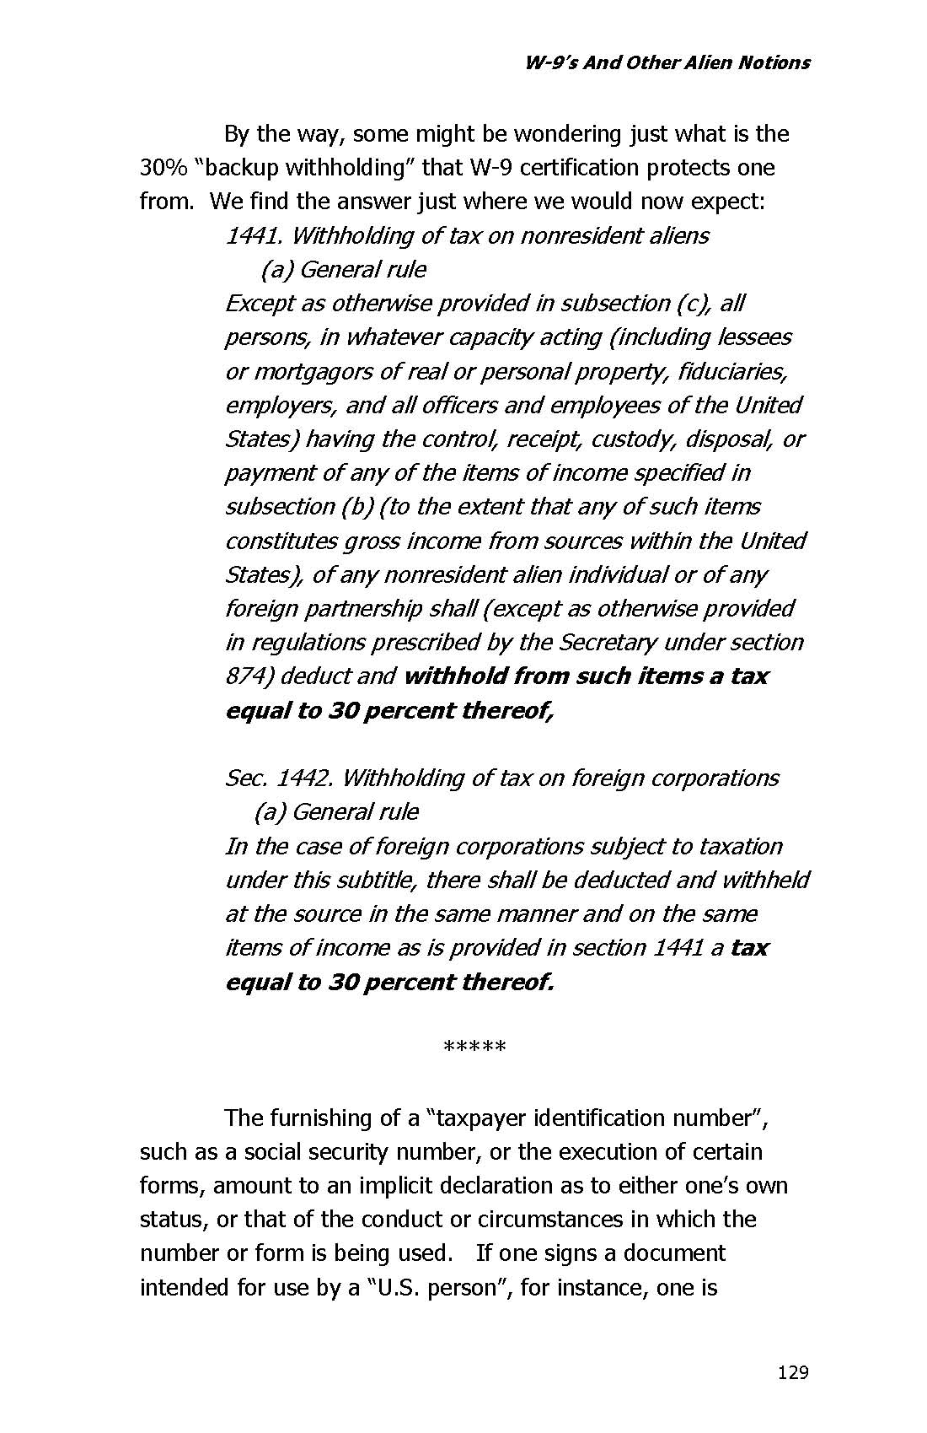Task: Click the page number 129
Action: [793, 1372]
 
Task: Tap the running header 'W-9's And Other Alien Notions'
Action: [667, 62]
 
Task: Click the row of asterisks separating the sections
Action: [474, 1048]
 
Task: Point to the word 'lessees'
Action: [753, 337]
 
